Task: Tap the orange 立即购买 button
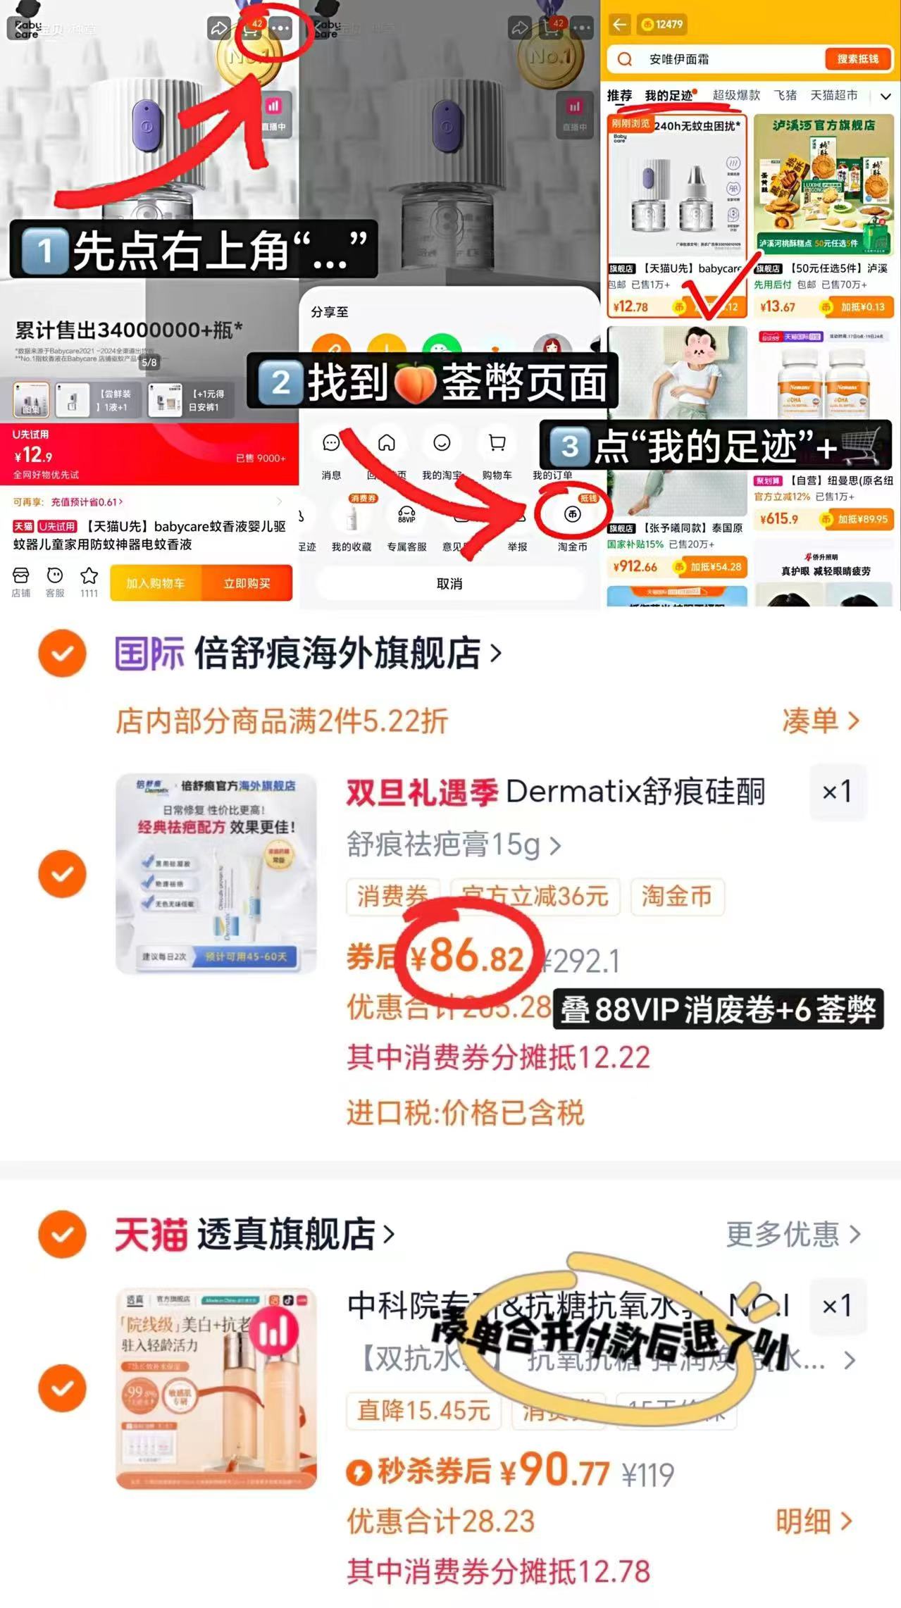[x=247, y=583]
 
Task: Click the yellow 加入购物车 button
[x=156, y=583]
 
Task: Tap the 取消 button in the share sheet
[x=449, y=584]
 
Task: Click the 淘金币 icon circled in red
[x=572, y=515]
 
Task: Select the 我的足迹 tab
[x=669, y=96]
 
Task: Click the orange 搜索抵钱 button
[x=857, y=59]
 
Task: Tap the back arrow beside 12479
[x=619, y=25]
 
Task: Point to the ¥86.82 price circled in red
[x=467, y=957]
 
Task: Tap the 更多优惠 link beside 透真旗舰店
[x=793, y=1234]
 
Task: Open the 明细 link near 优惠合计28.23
[x=814, y=1521]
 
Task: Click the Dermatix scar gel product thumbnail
[x=216, y=873]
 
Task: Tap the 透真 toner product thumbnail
[x=216, y=1388]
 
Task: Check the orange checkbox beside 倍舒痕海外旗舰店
[x=63, y=653]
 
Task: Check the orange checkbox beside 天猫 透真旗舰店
[x=63, y=1234]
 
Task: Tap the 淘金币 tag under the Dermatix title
[x=676, y=896]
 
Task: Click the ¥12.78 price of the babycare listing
[x=630, y=307]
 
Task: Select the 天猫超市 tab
[x=834, y=96]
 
